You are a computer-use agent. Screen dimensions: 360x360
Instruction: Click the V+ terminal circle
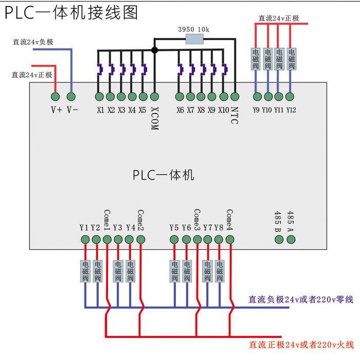56,96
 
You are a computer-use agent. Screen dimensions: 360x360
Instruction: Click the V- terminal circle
71,96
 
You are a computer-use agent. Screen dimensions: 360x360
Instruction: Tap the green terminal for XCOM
154,96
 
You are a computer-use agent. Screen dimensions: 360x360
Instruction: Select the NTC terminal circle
235,96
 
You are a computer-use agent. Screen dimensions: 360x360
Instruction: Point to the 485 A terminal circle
291,239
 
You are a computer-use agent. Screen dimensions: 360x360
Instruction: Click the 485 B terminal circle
278,239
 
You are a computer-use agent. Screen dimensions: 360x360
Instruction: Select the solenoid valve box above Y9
256,59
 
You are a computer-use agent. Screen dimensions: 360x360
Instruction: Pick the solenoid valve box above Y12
291,59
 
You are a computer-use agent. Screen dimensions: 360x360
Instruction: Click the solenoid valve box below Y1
85,271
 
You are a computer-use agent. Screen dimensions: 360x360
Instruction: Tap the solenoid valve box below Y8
219,271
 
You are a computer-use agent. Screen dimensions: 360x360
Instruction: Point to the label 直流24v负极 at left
33,42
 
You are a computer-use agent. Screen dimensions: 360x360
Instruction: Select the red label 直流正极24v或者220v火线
301,344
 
